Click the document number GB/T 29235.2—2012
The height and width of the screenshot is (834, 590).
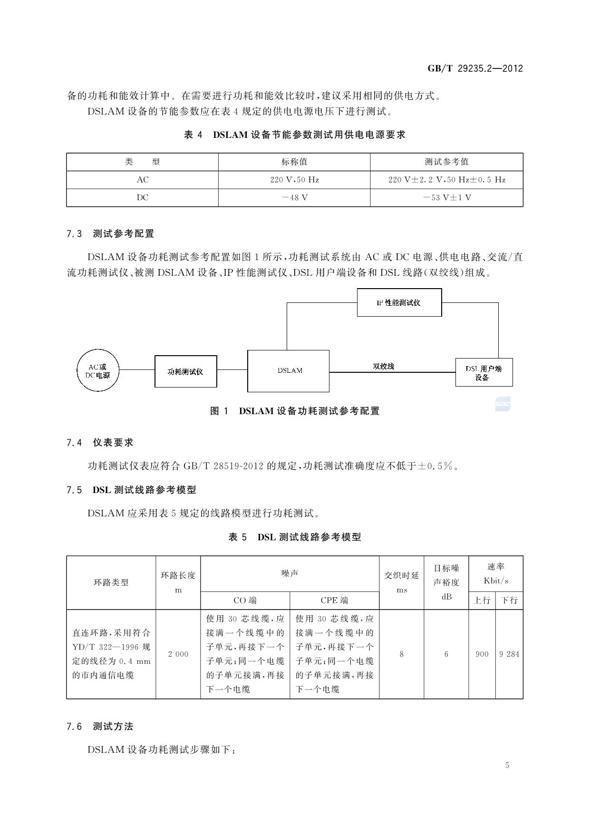(475, 68)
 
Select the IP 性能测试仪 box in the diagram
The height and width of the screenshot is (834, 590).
(399, 302)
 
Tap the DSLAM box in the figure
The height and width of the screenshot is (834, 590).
(288, 371)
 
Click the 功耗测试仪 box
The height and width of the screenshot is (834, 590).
(185, 371)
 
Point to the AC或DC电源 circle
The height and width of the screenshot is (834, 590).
(97, 371)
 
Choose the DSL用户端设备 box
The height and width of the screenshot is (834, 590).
(484, 372)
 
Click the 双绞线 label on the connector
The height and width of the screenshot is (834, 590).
(383, 366)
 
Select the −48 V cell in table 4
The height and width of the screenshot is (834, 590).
(294, 198)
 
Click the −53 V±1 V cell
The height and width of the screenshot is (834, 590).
(446, 198)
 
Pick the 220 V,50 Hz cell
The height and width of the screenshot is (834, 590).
(294, 180)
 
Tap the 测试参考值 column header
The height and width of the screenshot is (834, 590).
(446, 162)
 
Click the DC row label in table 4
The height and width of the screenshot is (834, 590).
(142, 198)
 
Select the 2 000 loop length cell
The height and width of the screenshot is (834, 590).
(178, 654)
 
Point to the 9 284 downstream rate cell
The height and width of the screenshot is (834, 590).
(509, 654)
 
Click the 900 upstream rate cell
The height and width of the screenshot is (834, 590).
(482, 654)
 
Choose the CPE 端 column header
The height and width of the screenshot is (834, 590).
(334, 601)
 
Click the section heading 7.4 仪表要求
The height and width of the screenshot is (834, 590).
(100, 443)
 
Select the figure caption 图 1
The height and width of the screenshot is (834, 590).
(295, 411)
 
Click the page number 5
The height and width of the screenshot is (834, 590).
(507, 765)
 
